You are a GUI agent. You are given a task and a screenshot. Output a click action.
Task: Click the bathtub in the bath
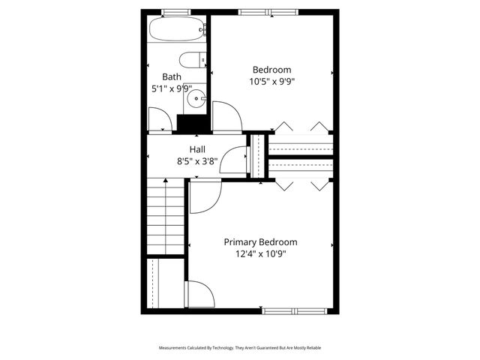point(175,30)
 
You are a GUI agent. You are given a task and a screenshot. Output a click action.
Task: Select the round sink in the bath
point(196,97)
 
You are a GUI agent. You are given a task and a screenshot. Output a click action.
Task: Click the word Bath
point(172,76)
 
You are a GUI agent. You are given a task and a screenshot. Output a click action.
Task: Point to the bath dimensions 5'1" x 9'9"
point(172,88)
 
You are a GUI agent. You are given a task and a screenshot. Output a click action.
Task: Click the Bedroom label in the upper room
point(271,70)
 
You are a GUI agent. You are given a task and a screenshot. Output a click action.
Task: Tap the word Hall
point(197,149)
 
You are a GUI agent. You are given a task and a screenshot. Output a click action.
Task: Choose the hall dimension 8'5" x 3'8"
point(197,160)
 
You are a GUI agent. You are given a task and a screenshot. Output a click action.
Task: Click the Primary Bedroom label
point(261,242)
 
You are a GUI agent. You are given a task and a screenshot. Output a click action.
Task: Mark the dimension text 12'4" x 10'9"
point(261,254)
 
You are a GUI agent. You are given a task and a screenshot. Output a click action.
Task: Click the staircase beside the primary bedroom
point(165,217)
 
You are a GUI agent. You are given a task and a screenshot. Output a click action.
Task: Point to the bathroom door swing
point(160,120)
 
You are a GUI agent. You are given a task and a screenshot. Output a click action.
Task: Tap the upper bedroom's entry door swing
point(226,118)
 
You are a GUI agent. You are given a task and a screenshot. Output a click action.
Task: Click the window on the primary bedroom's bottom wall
point(295,310)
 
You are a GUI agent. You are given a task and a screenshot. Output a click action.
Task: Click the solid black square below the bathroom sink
point(191,123)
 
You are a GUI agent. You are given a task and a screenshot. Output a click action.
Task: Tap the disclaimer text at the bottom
point(240,348)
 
